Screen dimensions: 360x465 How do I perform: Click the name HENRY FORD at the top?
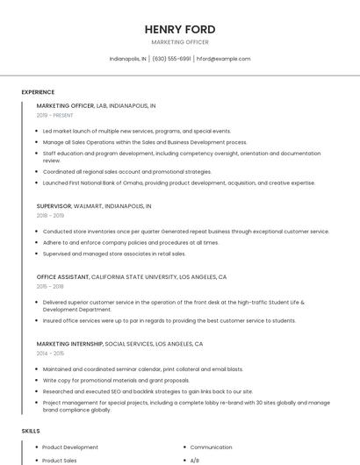pos(180,29)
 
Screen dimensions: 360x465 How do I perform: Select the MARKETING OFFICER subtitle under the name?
pos(180,42)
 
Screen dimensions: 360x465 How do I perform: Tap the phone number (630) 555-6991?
pos(171,59)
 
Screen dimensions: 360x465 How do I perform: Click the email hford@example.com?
pos(223,59)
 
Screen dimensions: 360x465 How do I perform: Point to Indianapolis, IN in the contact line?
pos(128,59)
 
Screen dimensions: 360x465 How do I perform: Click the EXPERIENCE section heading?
pos(38,92)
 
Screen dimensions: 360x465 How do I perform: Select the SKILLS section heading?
pos(31,431)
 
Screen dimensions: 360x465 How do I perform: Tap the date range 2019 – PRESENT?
pos(54,115)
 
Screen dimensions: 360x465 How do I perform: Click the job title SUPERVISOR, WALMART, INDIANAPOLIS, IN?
pos(94,205)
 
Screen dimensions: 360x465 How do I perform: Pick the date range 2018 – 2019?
pos(50,215)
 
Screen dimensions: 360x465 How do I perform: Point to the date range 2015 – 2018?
pos(50,286)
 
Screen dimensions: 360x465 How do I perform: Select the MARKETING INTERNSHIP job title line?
pos(119,344)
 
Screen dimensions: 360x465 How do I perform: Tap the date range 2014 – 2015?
pos(50,354)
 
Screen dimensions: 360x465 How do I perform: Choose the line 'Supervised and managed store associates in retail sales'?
pos(114,254)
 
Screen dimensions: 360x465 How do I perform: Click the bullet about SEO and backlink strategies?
pos(148,391)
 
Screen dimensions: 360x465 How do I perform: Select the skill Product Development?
pos(70,447)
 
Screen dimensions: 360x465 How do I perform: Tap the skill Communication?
pos(211,447)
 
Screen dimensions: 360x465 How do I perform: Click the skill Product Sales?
pos(60,461)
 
